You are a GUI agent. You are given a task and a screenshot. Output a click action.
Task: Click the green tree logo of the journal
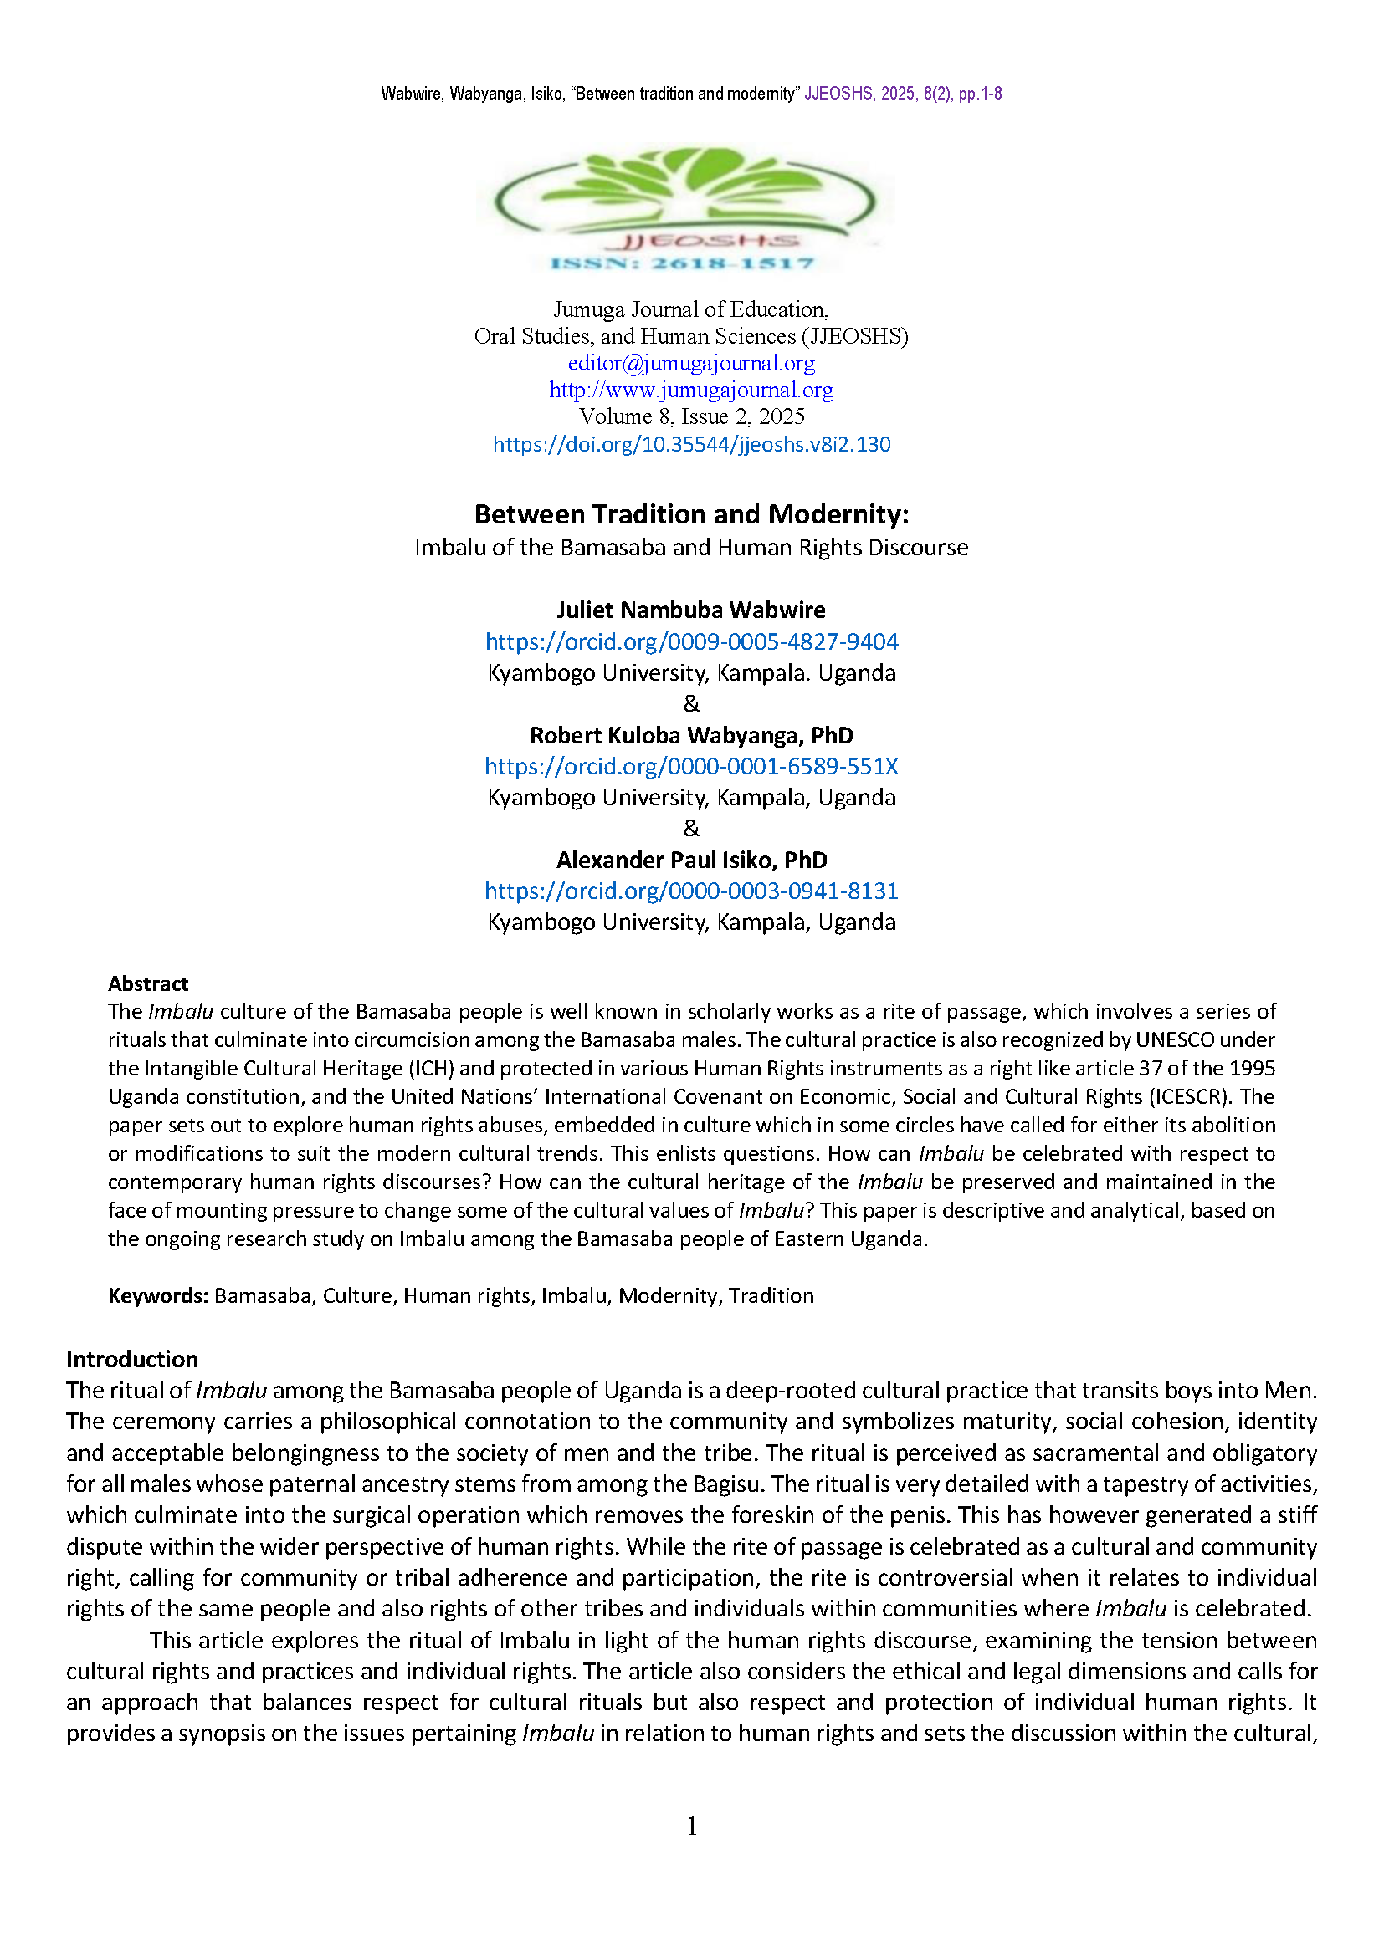(686, 192)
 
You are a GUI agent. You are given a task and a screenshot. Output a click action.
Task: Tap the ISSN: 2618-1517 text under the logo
(683, 263)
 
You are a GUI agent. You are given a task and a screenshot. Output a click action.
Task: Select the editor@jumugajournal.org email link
(691, 364)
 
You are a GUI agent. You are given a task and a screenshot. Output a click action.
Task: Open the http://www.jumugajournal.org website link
(691, 391)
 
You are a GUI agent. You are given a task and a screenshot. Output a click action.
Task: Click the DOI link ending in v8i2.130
(691, 444)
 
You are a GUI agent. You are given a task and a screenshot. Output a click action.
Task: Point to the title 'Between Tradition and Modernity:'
(691, 514)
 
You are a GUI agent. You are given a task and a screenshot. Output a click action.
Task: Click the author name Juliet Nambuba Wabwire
(691, 610)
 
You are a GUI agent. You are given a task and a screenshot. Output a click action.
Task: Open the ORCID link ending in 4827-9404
(691, 641)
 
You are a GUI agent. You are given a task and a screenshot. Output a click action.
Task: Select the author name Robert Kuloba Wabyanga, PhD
(691, 735)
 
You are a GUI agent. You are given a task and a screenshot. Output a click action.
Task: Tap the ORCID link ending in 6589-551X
(691, 766)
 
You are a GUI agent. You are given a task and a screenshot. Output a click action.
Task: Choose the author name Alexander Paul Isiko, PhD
(691, 860)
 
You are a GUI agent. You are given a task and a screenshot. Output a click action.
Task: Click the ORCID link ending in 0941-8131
(691, 891)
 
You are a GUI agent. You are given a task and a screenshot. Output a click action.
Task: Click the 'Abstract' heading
(147, 984)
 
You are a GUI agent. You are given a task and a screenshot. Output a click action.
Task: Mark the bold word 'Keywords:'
(157, 1295)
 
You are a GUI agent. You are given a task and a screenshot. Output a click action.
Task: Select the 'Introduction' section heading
(132, 1359)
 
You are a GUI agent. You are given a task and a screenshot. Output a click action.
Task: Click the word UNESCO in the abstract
(1175, 1040)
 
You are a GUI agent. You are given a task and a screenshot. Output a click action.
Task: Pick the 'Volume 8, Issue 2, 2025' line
(691, 416)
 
